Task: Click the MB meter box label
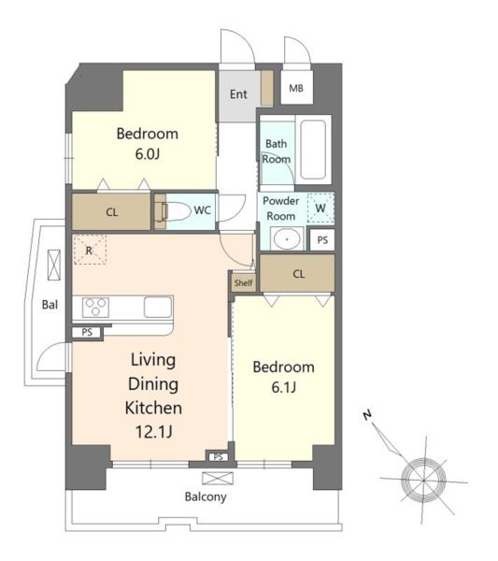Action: pyautogui.click(x=296, y=88)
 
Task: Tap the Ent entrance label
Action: pyautogui.click(x=238, y=94)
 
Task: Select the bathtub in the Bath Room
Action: pyautogui.click(x=313, y=150)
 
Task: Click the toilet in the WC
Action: pyautogui.click(x=174, y=211)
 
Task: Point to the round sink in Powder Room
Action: pyautogui.click(x=287, y=239)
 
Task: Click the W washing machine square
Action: pyautogui.click(x=320, y=208)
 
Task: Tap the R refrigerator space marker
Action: pyautogui.click(x=90, y=250)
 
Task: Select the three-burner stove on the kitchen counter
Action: pyautogui.click(x=95, y=308)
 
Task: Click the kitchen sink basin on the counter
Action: pyautogui.click(x=158, y=307)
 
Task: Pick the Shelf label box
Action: pyautogui.click(x=244, y=283)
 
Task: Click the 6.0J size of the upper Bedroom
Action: pyautogui.click(x=148, y=154)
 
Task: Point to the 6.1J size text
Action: pyautogui.click(x=283, y=387)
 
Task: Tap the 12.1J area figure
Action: pyautogui.click(x=154, y=432)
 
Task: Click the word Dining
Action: pyautogui.click(x=153, y=384)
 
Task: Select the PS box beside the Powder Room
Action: pyautogui.click(x=322, y=240)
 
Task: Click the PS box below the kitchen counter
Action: pyautogui.click(x=87, y=332)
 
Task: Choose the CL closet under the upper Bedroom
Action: pyautogui.click(x=111, y=212)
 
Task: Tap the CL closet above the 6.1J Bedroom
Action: pyautogui.click(x=297, y=274)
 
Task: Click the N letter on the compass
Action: pyautogui.click(x=367, y=415)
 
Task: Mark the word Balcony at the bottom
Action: pyautogui.click(x=206, y=497)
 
